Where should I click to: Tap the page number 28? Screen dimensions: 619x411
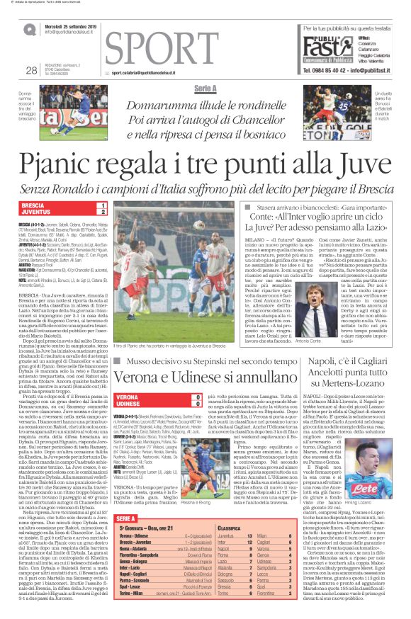point(30,69)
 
